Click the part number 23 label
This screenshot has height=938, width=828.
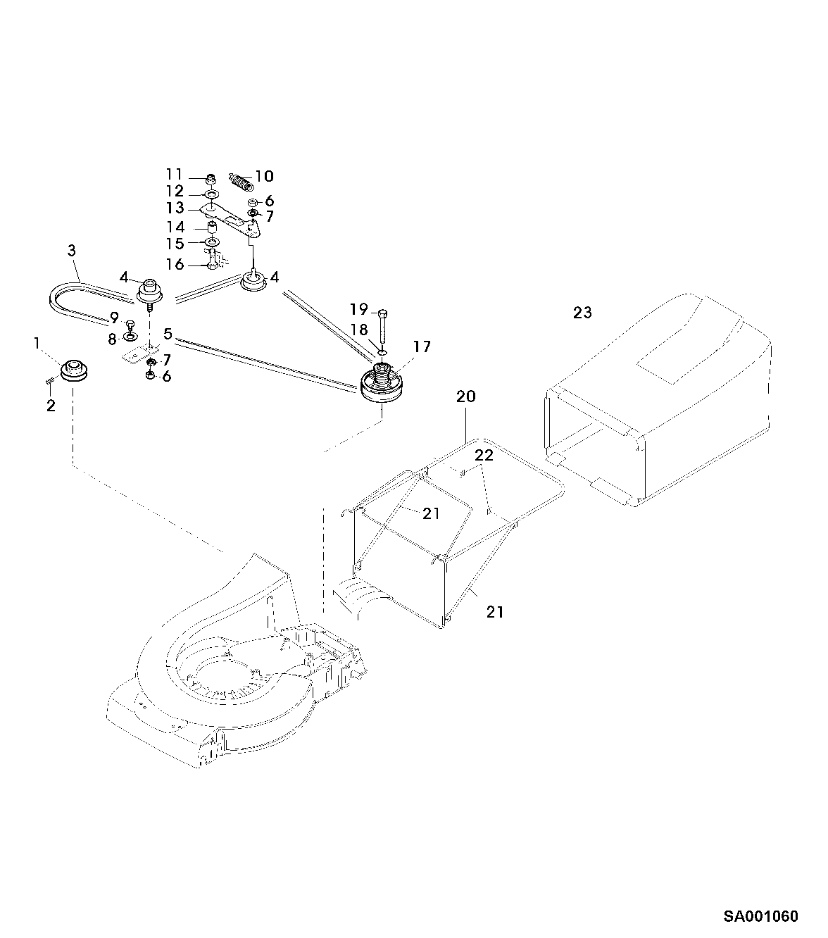pos(582,313)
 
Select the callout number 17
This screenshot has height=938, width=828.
pos(422,346)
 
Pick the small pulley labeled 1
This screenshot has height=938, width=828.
pos(72,370)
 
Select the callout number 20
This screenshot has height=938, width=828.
pos(466,397)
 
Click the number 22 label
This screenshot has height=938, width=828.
pos(484,456)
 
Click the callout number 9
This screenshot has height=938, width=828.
pos(114,318)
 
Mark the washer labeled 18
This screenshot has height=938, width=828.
pos(381,350)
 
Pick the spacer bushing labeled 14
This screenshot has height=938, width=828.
pos(211,228)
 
